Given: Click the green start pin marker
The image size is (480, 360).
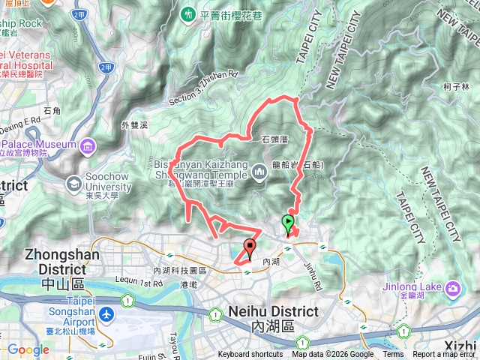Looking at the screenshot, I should pos(287,223).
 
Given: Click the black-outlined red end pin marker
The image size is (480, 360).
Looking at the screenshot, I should pos(250,245).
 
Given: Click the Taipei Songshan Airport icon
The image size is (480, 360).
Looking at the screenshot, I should pos(106,312).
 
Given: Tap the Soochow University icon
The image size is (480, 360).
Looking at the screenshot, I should pos(74,183).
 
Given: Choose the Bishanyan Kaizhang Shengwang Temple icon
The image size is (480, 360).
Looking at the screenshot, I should pos(259,172).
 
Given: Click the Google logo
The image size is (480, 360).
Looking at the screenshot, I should pos(28,349).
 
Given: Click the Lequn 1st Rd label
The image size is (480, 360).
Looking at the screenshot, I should pos(142,283).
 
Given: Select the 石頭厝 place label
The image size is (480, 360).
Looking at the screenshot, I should pos(275,139).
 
